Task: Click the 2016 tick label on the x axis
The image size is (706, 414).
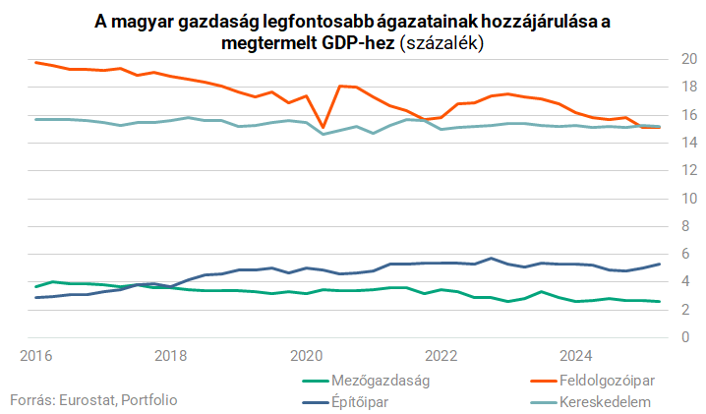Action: tap(35, 354)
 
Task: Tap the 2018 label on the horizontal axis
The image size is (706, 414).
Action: tap(170, 354)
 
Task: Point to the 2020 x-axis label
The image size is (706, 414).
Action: tap(306, 354)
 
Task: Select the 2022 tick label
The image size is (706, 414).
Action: tap(441, 354)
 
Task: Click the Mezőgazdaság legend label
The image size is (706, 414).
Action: tap(383, 380)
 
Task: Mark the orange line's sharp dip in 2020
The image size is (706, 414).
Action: tap(323, 127)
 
